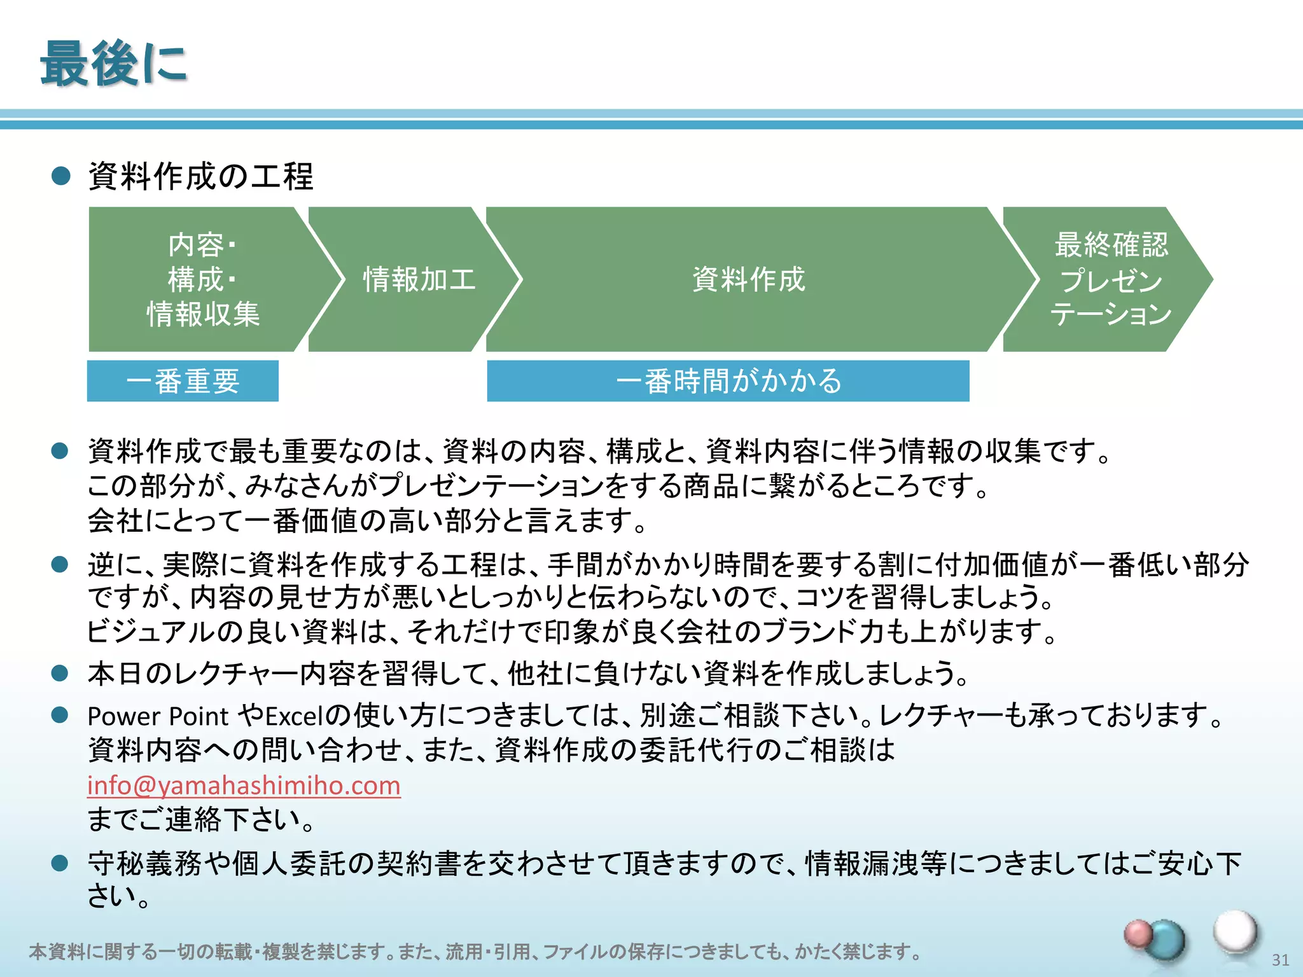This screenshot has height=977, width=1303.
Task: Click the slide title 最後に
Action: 113,64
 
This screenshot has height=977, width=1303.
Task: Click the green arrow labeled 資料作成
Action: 748,279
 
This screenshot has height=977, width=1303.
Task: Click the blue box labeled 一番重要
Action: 183,381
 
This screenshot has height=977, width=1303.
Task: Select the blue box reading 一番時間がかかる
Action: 728,381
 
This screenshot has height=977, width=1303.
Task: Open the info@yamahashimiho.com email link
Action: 244,785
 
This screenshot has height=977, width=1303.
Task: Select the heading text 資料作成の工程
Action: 200,176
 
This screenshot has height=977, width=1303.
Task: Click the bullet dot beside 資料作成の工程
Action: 60,176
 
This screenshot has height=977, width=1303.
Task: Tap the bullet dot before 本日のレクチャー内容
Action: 60,673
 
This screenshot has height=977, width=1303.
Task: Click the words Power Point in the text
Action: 157,716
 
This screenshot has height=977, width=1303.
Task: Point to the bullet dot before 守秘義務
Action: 60,863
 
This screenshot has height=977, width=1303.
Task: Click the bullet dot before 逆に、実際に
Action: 60,564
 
